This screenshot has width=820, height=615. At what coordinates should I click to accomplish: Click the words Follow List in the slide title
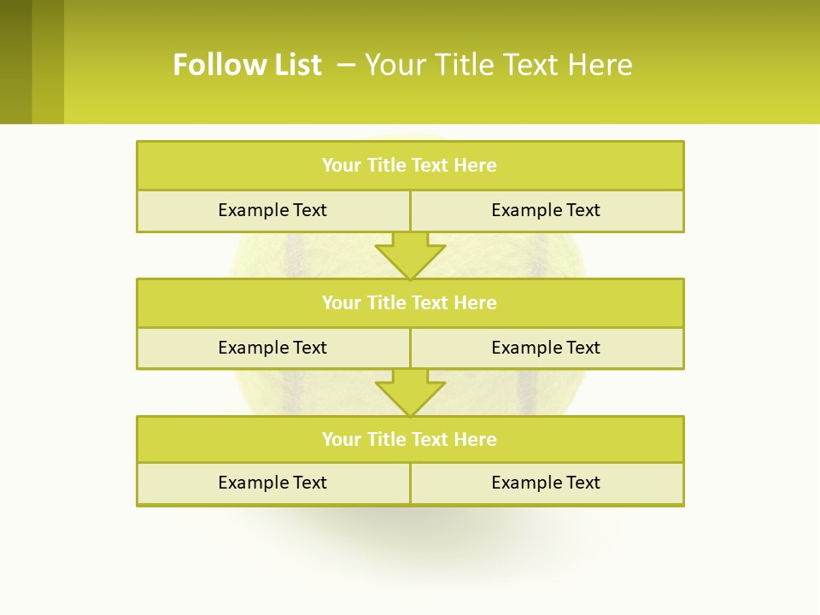(x=247, y=65)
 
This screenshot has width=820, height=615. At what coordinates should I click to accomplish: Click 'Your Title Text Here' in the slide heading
(x=498, y=65)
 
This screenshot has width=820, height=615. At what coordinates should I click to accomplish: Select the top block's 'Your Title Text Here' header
(x=409, y=165)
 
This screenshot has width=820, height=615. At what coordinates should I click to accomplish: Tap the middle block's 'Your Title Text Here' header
(x=409, y=302)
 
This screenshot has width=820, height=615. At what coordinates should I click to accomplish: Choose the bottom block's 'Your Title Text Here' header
(x=409, y=439)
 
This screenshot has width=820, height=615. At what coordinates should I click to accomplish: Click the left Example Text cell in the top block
(x=272, y=210)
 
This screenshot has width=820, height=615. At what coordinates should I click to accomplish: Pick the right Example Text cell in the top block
(x=546, y=210)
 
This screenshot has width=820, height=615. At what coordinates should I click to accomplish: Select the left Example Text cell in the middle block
(x=272, y=348)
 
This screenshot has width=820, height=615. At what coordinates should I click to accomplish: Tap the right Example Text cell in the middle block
(x=546, y=348)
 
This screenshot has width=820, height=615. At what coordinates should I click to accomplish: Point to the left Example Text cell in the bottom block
(x=272, y=483)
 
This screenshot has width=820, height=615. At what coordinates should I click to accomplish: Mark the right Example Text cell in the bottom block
(x=546, y=483)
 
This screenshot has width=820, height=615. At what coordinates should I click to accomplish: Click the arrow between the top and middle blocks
(x=410, y=255)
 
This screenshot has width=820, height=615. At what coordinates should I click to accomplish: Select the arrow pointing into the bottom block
(x=410, y=392)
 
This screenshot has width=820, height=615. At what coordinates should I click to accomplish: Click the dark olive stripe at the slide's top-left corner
(x=15, y=61)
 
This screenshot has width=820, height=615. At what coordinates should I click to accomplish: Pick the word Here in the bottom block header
(x=475, y=439)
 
